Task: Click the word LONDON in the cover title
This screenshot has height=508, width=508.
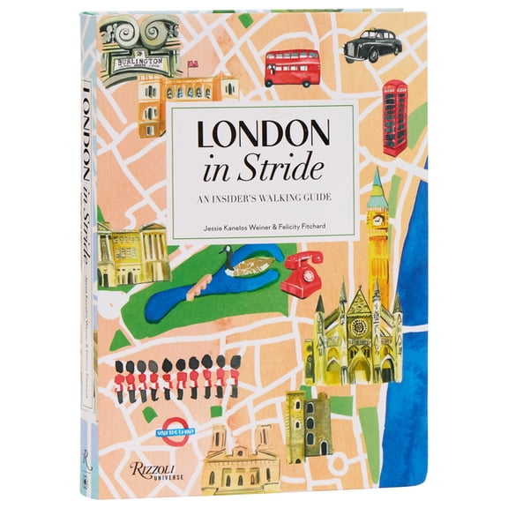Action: (263, 135)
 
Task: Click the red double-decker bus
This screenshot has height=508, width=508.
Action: (291, 67)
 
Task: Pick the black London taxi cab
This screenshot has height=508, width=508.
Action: (373, 44)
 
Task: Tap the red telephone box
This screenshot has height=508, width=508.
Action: (394, 116)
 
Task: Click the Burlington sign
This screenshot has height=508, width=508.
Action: (141, 63)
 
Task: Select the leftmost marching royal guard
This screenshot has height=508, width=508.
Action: (120, 377)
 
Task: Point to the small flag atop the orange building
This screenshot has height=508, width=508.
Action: (192, 63)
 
